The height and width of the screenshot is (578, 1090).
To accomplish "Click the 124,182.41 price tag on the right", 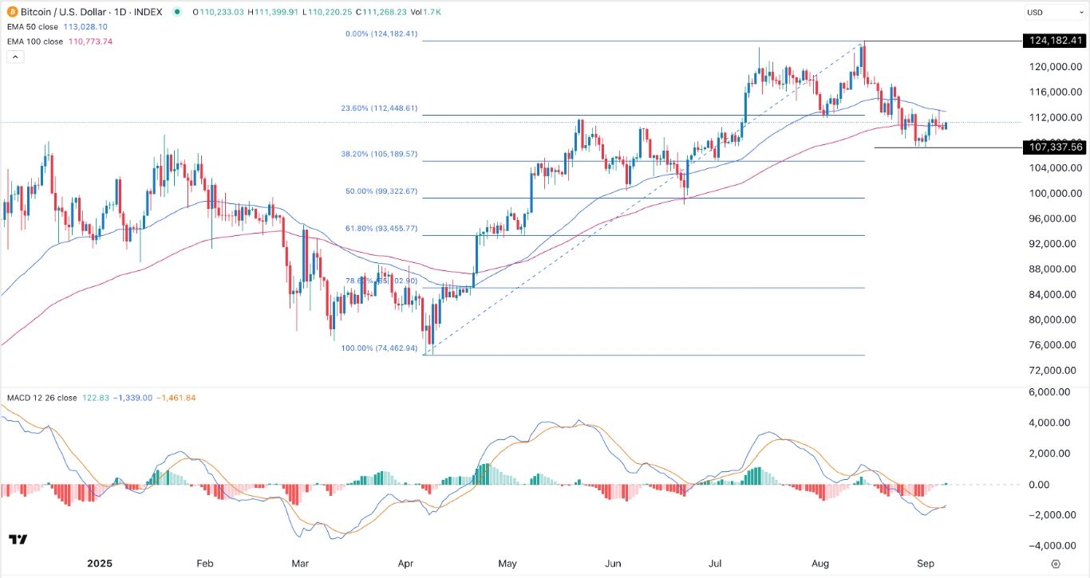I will point(1055,40).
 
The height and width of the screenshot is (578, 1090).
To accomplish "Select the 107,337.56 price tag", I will point(1055,147).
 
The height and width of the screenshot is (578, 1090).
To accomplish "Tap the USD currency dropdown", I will point(1053,12).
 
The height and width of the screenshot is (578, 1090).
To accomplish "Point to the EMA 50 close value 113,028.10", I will point(85,27).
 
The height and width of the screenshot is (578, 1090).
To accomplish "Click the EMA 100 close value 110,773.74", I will point(90,41).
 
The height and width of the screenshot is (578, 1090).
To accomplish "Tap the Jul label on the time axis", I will point(719,563).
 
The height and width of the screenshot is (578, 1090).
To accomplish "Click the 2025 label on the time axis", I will point(99,563).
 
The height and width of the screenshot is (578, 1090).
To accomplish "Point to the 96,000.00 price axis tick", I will point(1055,218).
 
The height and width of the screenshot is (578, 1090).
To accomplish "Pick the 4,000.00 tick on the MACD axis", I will point(1055,423).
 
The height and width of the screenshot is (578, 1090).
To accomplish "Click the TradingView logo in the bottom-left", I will point(18,540).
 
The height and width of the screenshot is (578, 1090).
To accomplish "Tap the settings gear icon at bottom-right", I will point(1056,564).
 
